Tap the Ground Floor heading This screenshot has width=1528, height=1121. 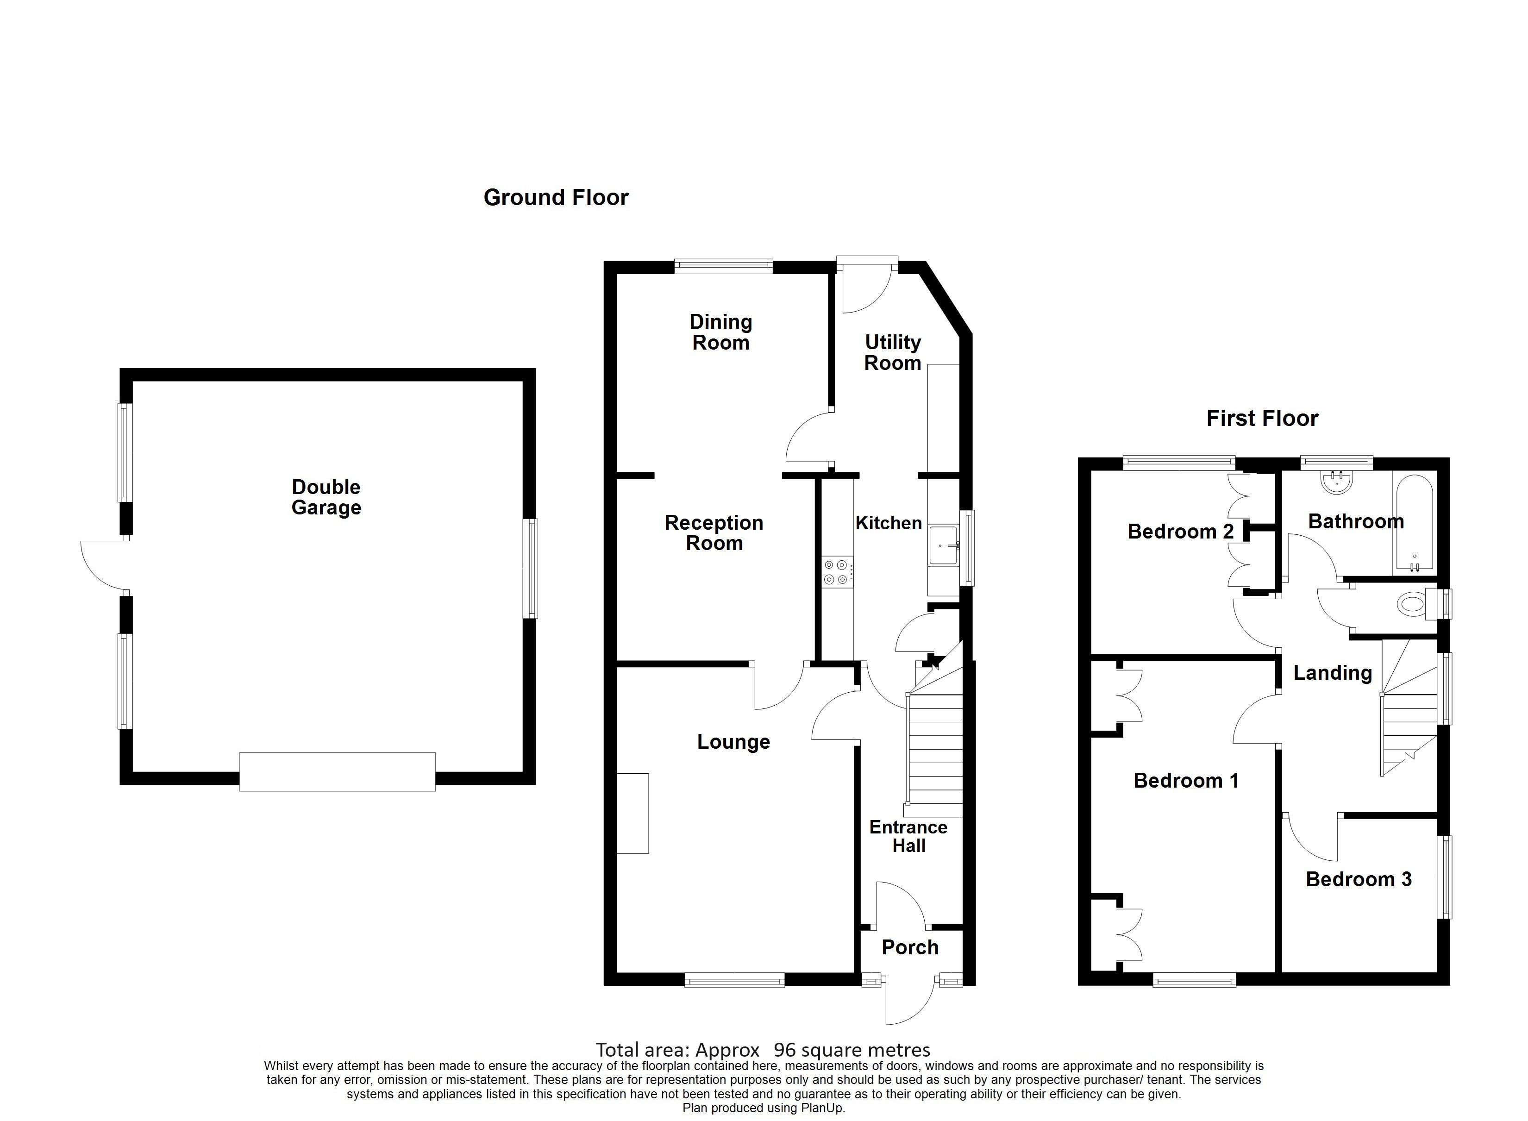(x=556, y=197)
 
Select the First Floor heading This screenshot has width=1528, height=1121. (x=1261, y=418)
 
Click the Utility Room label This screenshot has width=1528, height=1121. (x=892, y=352)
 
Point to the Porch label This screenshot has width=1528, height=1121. (x=909, y=947)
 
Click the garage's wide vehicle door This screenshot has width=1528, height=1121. (x=337, y=771)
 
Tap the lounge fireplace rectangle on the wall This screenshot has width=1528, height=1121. (x=632, y=813)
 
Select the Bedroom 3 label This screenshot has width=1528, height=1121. (x=1358, y=879)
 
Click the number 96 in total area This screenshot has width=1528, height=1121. (x=784, y=1051)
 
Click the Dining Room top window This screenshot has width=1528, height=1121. (x=723, y=267)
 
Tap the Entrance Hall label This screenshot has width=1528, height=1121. (x=908, y=837)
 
